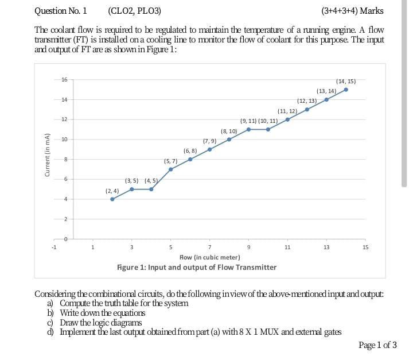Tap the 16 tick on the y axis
point(65,80)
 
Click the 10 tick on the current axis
point(65,140)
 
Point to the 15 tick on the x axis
point(365,248)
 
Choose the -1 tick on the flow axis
point(54,248)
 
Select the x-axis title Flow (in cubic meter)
point(210,257)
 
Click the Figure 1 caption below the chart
point(197,267)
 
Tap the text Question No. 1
point(61,10)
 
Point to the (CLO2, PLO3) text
point(134,10)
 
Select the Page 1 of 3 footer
point(377,344)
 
